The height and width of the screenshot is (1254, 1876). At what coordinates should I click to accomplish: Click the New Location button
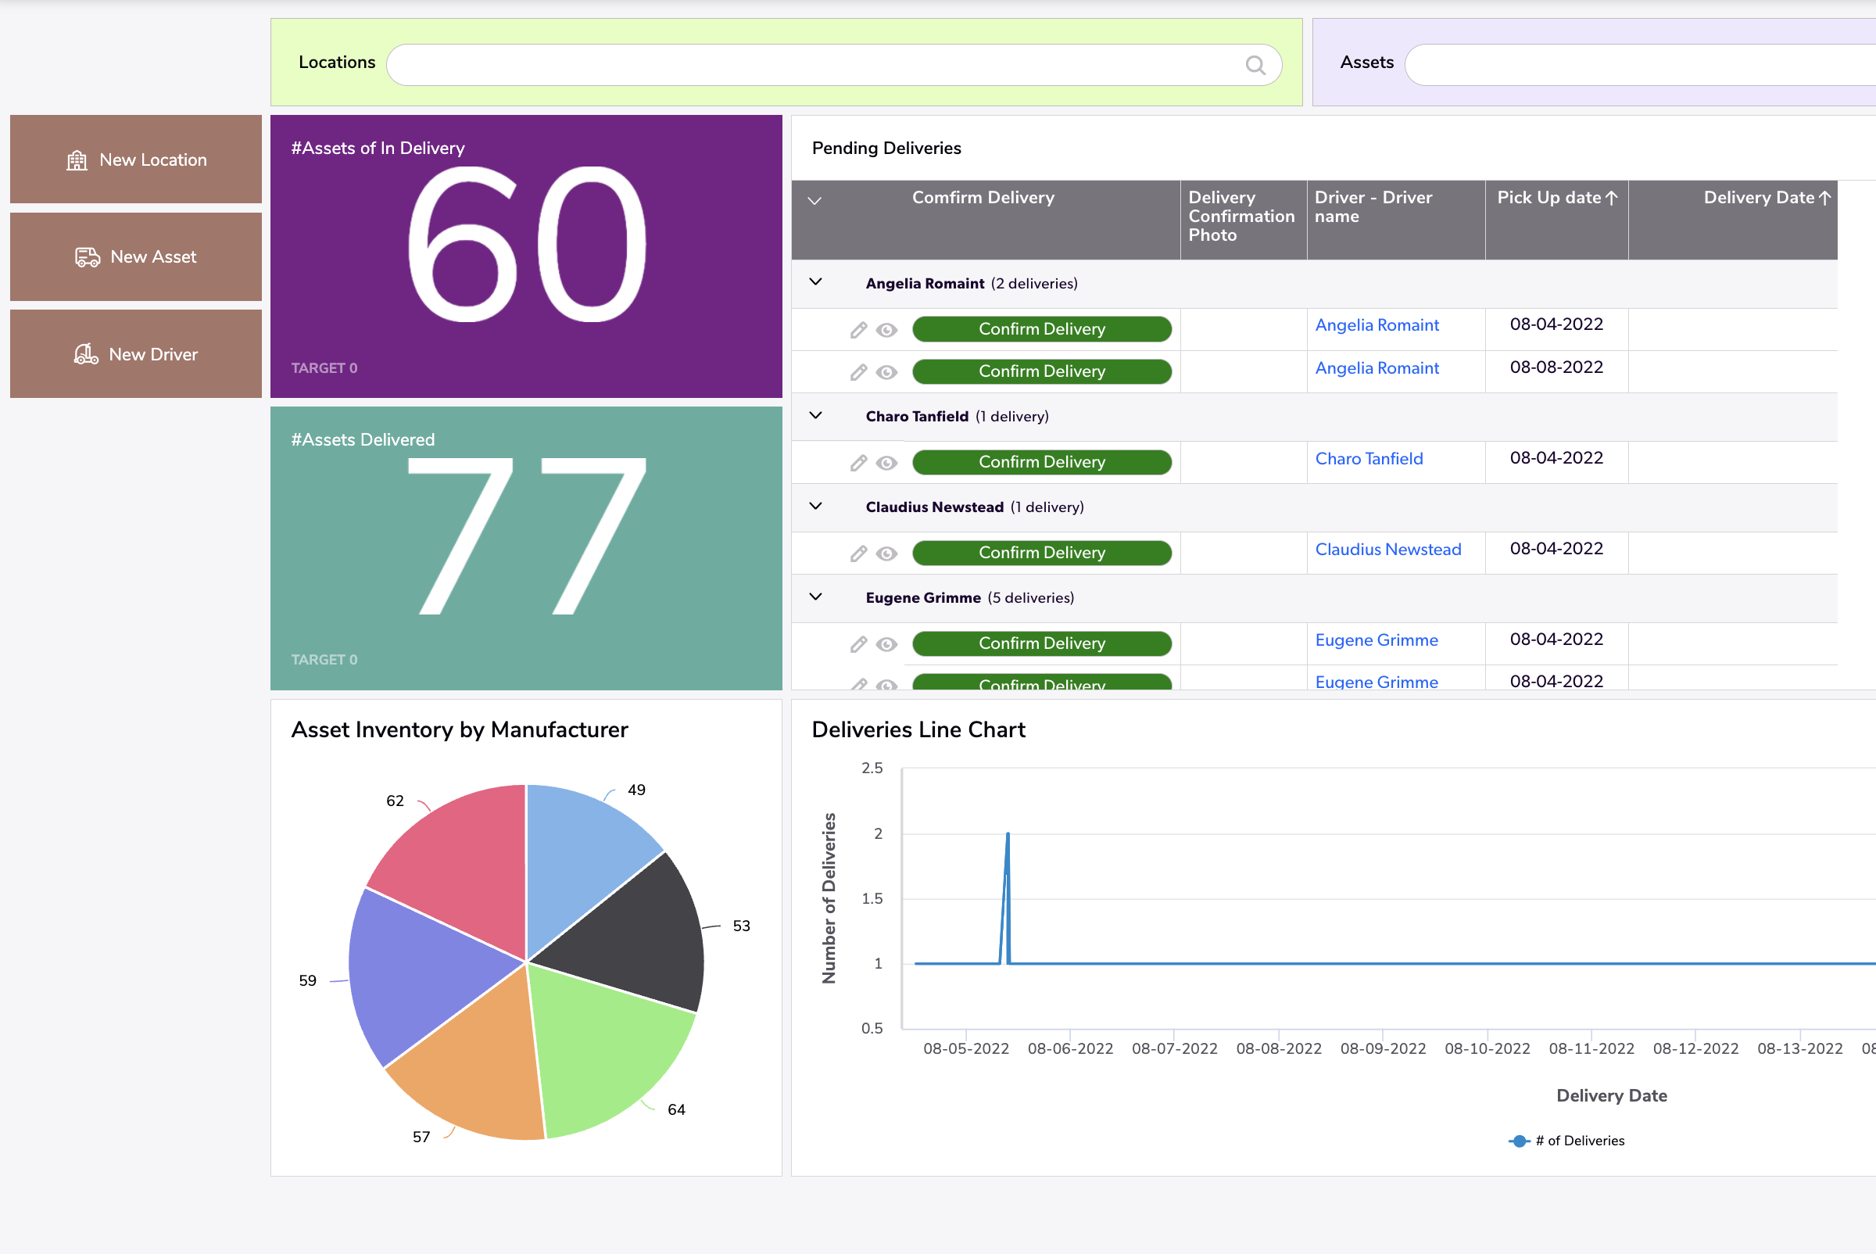coord(136,159)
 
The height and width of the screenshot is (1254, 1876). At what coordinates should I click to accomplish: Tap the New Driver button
coord(136,353)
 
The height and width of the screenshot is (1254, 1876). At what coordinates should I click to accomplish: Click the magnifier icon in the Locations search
coord(1255,65)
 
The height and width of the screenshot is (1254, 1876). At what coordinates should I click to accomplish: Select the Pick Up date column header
coord(1556,198)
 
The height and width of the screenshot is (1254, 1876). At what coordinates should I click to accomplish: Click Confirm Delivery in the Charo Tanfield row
coord(1041,462)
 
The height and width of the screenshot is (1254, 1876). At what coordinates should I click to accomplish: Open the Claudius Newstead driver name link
coord(1387,550)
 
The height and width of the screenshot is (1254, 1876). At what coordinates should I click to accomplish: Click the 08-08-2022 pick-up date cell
coord(1556,367)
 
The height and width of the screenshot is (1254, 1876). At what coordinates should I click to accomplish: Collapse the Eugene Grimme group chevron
coord(815,597)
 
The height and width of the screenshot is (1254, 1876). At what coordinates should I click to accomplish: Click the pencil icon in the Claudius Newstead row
coord(858,554)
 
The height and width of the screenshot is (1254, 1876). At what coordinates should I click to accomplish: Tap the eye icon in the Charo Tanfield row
coord(886,463)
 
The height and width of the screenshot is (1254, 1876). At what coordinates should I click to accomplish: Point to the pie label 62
coord(395,801)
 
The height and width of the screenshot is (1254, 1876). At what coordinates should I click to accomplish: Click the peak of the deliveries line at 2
coord(1008,834)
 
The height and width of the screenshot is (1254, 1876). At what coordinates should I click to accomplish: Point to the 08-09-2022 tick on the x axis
coord(1383,1048)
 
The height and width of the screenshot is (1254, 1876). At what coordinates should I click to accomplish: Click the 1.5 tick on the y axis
coord(872,898)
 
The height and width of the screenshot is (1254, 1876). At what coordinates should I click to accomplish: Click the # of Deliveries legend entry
coord(1567,1141)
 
